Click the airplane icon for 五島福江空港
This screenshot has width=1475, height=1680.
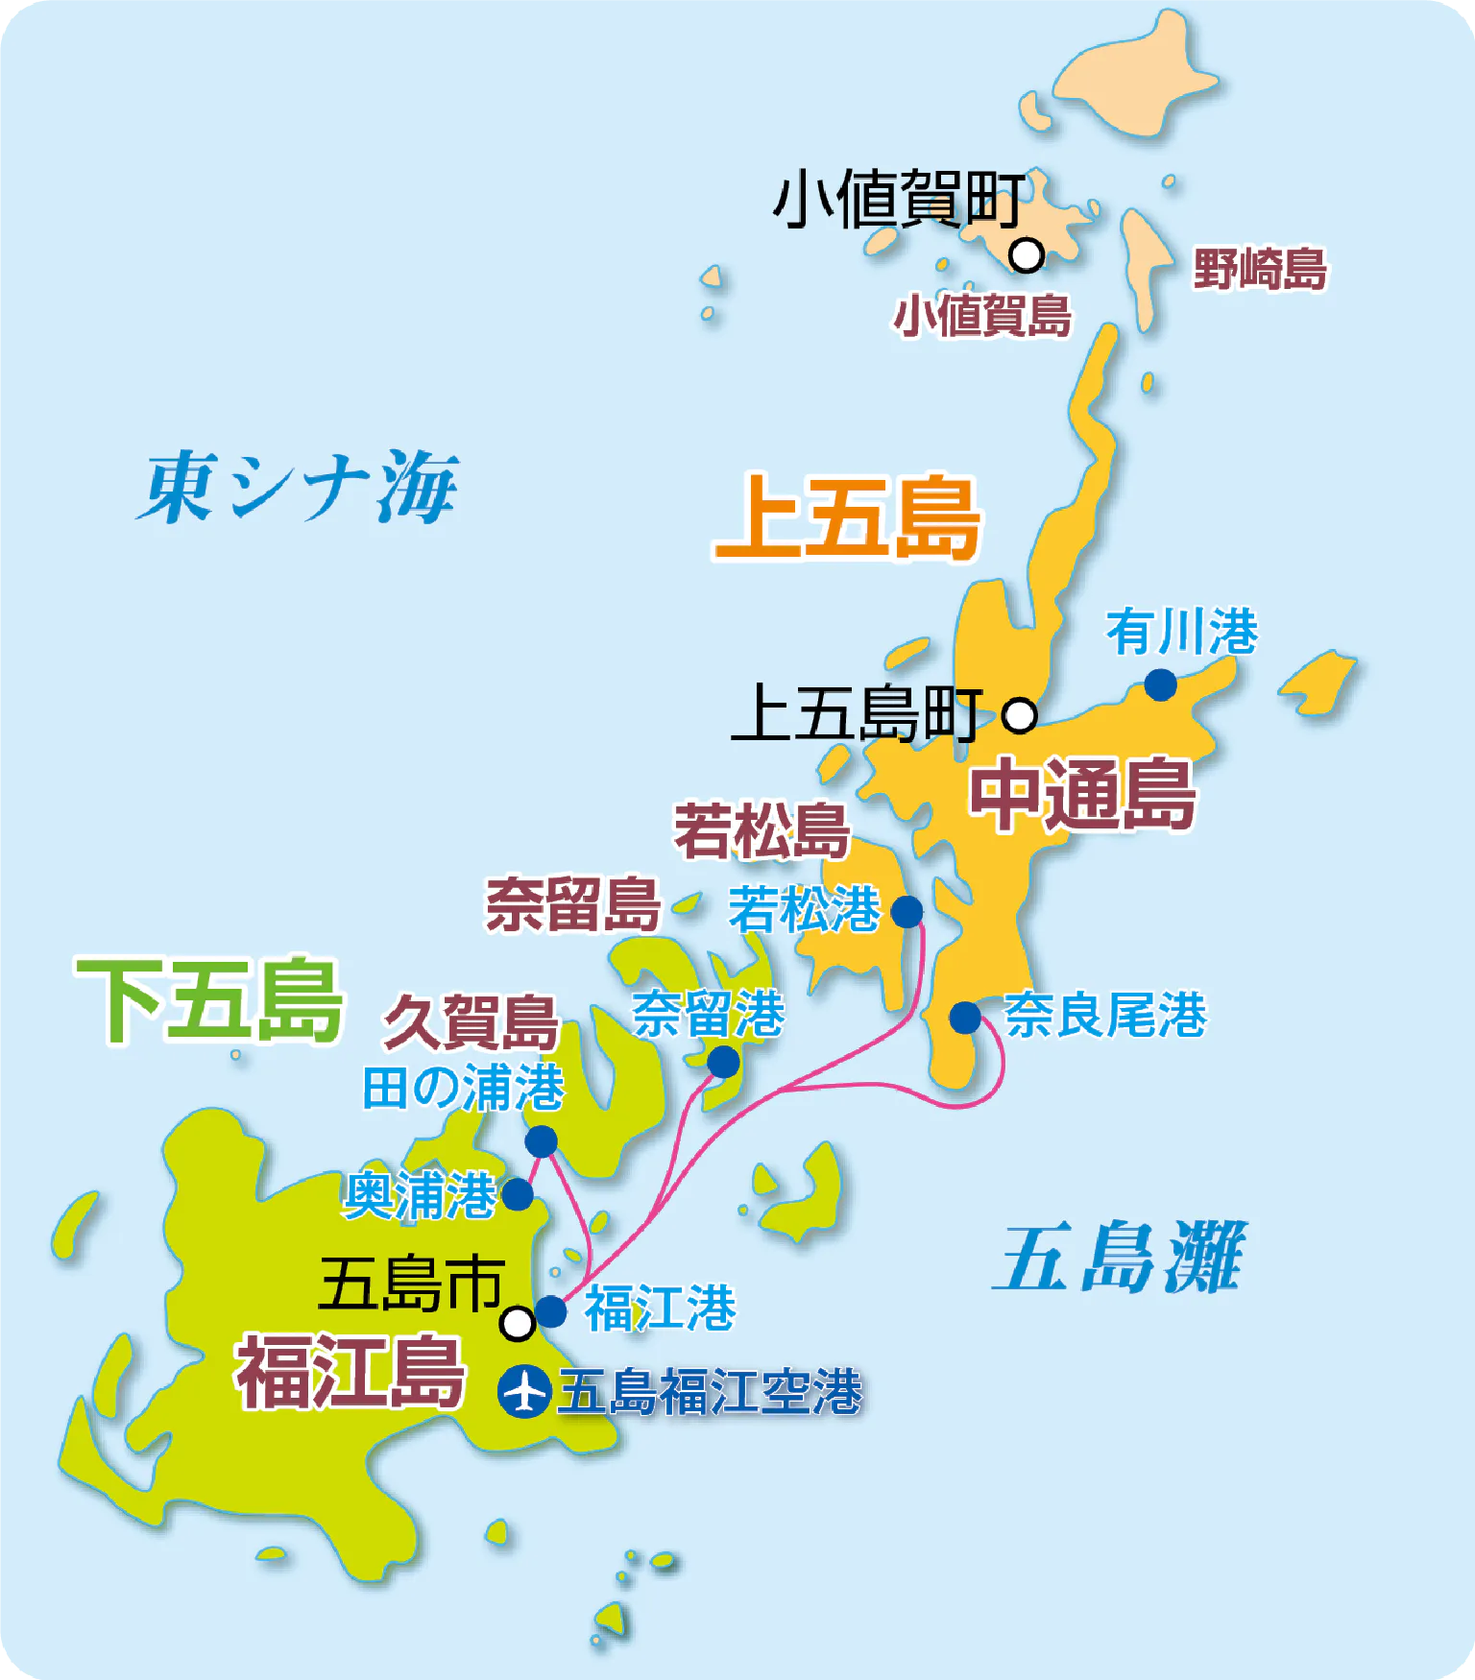coord(523,1391)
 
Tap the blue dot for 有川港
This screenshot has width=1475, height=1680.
coord(1160,684)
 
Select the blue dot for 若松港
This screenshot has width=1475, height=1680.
coord(907,911)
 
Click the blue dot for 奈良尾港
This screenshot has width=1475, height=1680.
coord(965,1017)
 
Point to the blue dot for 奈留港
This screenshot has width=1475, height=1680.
coord(723,1062)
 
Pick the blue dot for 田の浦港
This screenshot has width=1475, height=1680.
coord(541,1140)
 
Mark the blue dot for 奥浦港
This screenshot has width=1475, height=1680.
coord(518,1194)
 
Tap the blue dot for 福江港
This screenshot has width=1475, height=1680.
coord(550,1310)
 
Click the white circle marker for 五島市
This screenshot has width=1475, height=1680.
coord(518,1323)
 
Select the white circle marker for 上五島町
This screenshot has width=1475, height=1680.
coord(1020,715)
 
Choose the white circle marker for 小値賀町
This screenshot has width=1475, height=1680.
coord(1027,255)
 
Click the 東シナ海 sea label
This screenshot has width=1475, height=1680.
coord(299,488)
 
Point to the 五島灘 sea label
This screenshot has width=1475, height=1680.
coord(1120,1258)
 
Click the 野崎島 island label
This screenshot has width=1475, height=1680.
coord(1260,269)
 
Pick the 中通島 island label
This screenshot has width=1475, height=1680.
coord(1083,794)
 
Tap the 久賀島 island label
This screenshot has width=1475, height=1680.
coord(472,1022)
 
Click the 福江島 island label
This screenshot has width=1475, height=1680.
coord(351,1373)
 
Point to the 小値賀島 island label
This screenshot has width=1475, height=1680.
coord(982,316)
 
